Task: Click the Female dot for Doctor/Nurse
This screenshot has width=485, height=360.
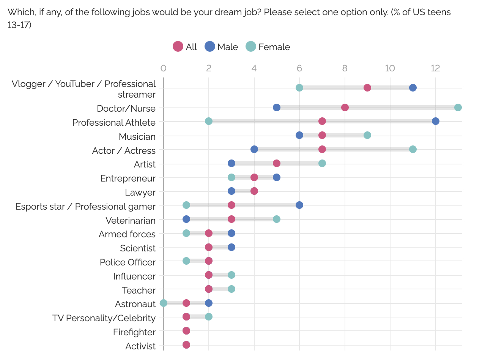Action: tap(458, 107)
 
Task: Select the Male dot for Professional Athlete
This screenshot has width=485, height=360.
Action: tap(435, 121)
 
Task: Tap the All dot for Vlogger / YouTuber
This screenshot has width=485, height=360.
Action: tap(367, 88)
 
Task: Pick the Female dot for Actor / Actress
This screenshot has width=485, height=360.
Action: tap(413, 149)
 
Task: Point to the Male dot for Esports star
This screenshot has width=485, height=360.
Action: tap(299, 205)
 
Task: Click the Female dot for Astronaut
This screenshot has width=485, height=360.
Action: tap(164, 303)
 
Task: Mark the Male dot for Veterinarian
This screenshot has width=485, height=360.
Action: tap(186, 219)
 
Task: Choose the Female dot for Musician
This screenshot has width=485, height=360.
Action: tap(367, 135)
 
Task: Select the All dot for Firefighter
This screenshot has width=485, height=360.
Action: tap(186, 331)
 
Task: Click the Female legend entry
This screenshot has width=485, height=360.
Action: tap(268, 47)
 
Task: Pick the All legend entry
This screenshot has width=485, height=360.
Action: tap(185, 47)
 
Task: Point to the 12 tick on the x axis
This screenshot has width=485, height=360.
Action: tap(435, 68)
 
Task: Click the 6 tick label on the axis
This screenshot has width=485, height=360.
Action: tap(299, 68)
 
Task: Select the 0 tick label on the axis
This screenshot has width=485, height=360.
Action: tap(164, 68)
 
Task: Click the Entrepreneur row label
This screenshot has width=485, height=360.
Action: tap(128, 178)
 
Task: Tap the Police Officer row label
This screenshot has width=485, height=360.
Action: tap(128, 262)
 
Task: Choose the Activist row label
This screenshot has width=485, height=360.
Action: tap(140, 346)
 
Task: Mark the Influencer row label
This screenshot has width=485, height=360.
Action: tap(134, 276)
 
